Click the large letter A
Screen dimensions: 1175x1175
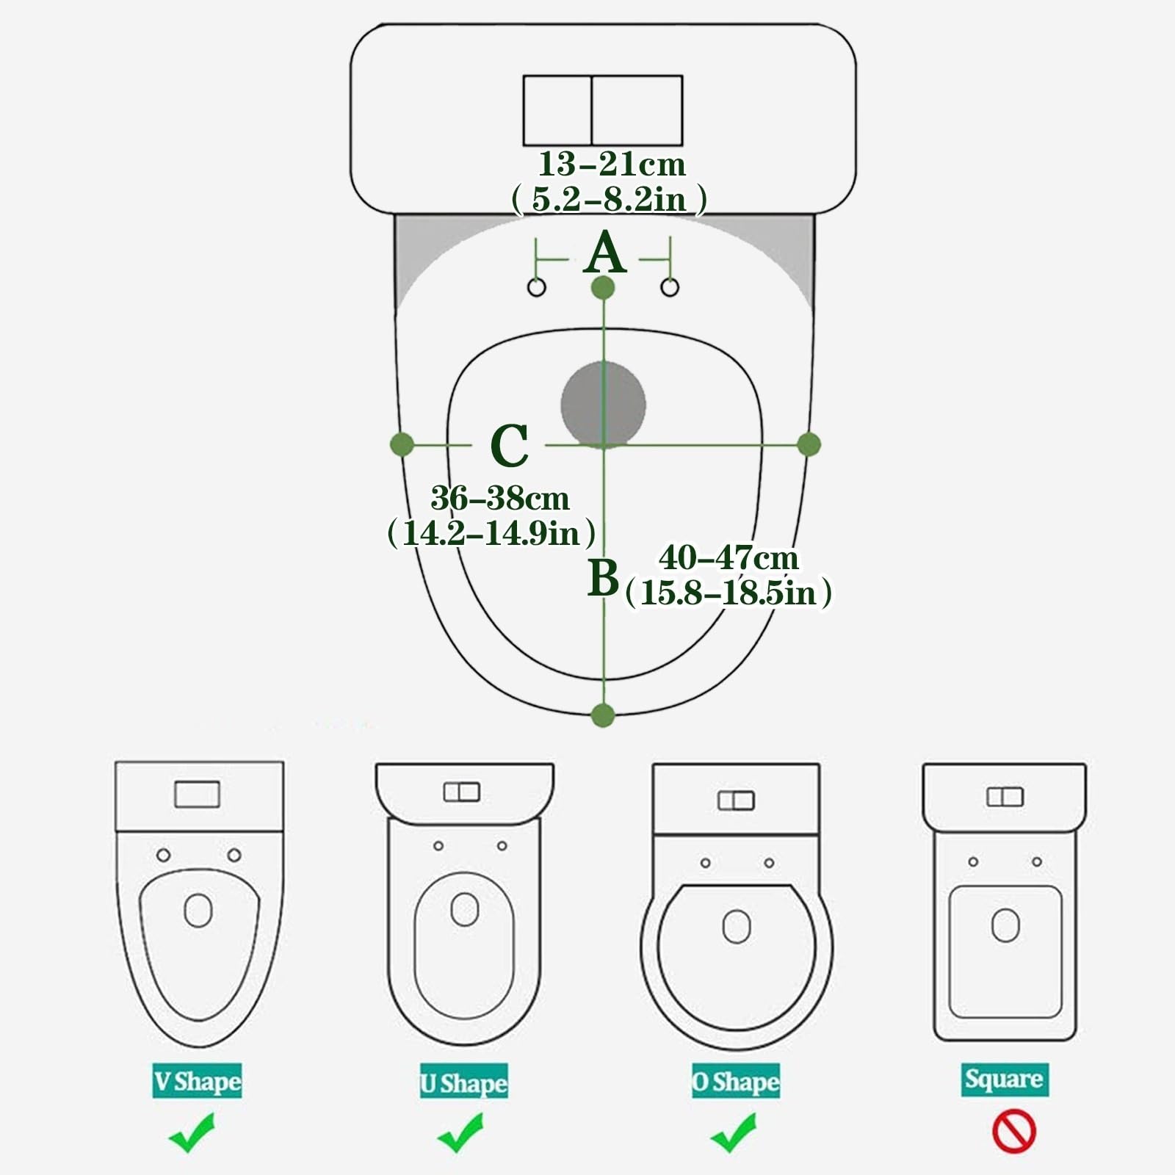604,253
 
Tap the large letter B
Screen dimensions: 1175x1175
603,578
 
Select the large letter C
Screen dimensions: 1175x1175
509,446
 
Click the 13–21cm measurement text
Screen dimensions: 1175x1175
611,164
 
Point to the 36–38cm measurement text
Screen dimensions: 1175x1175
499,499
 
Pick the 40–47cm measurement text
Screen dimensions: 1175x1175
728,559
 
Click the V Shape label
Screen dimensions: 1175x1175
197,1081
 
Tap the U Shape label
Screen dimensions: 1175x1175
463,1083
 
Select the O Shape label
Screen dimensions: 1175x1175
735,1081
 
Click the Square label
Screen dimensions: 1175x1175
1004,1079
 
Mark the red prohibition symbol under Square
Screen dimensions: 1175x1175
1013,1132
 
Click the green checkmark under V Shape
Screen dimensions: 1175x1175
192,1132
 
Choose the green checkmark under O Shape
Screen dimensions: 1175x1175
733,1132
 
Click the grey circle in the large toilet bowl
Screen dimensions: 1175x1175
603,405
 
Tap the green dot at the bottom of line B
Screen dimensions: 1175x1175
603,715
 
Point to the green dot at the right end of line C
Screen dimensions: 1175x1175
809,444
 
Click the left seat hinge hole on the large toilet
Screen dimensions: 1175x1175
537,287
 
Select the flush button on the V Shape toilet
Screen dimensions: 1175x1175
197,795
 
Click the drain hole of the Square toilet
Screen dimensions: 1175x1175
1005,925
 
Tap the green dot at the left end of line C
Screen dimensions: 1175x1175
402,444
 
